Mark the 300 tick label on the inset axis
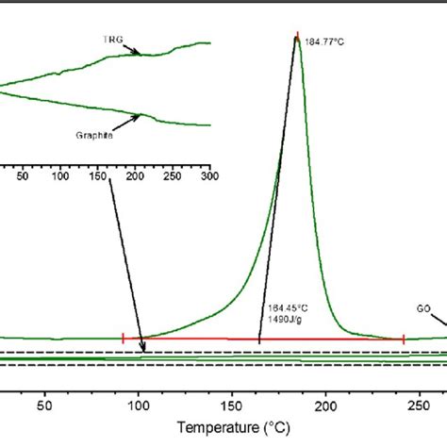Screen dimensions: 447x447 tap(208, 175)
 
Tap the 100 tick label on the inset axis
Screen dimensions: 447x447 tap(59, 175)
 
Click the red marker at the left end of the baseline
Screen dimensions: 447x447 tap(124, 338)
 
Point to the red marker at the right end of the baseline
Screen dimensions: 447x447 tap(404, 338)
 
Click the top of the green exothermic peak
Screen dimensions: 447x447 tap(297, 40)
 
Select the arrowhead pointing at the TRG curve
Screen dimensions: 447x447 tap(142, 55)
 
